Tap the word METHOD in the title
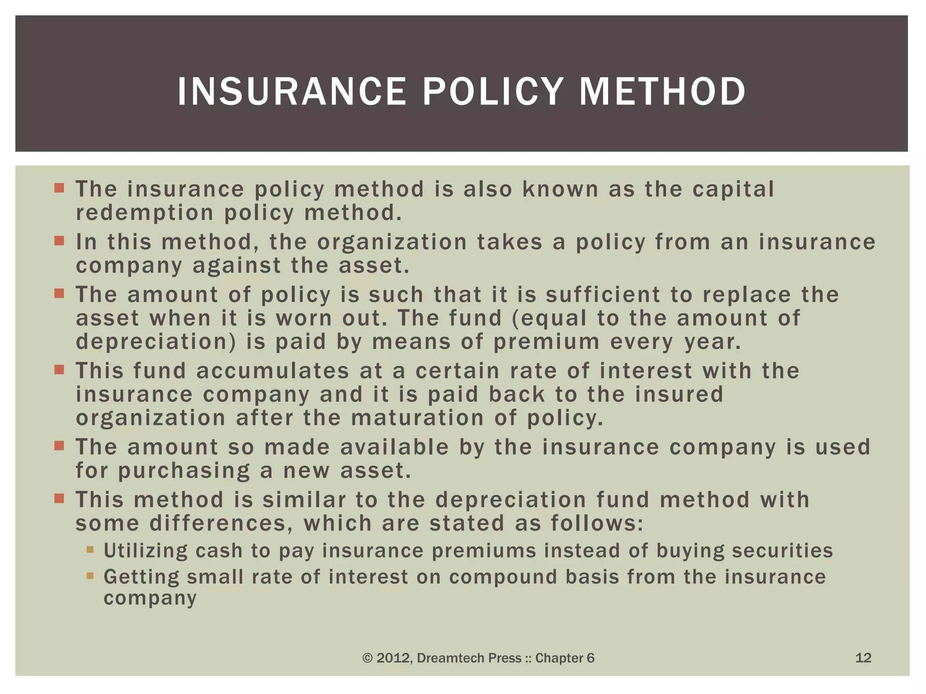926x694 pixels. click(x=662, y=92)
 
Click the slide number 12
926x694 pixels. click(x=863, y=657)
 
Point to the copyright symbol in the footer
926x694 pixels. click(x=367, y=658)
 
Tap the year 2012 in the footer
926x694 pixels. click(x=393, y=658)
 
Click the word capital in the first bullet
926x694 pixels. click(x=733, y=189)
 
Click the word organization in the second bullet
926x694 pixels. click(x=392, y=242)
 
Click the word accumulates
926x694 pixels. click(x=273, y=371)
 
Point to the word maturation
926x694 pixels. click(x=417, y=418)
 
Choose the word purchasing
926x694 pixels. click(x=184, y=471)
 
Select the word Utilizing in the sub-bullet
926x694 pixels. click(x=146, y=551)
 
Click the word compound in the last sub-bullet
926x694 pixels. click(x=503, y=577)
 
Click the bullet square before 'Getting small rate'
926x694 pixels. click(x=90, y=576)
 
